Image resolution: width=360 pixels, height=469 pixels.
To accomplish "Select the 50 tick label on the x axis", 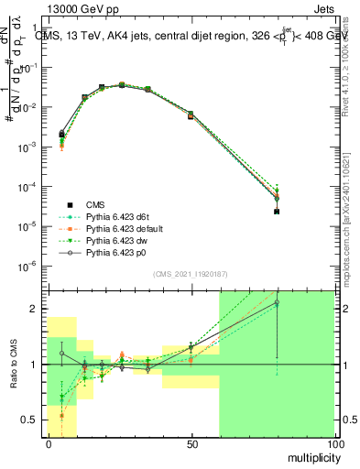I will point(191,442).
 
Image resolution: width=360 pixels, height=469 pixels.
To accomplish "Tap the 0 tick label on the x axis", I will point(48,442).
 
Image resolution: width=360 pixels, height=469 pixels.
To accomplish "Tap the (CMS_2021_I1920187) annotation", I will point(191,273).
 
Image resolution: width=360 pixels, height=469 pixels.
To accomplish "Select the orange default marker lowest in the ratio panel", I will point(62,415).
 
